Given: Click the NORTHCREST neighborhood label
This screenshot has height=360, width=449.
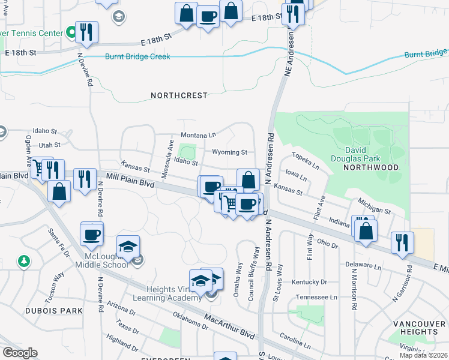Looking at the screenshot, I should tap(179, 95).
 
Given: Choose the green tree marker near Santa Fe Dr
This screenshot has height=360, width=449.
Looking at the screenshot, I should tap(23, 261).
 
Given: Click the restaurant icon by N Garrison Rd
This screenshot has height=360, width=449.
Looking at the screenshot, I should tap(402, 242).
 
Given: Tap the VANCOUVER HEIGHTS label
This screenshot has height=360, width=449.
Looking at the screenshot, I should tap(420, 328).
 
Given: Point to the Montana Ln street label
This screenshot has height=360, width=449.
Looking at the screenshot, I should tap(198, 135).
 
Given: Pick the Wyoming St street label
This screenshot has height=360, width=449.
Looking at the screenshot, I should tap(229, 152).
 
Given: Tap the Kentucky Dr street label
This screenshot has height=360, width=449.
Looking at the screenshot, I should tap(310, 282).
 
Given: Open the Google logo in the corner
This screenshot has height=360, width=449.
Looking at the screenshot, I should tap(20, 353).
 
